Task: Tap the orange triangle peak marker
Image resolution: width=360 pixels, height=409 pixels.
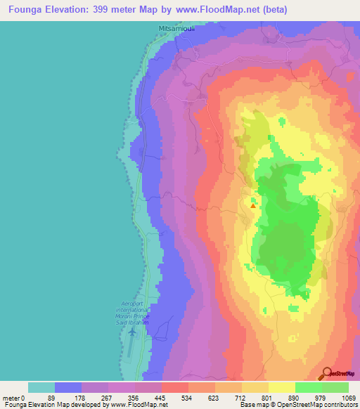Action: click(253, 205)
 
